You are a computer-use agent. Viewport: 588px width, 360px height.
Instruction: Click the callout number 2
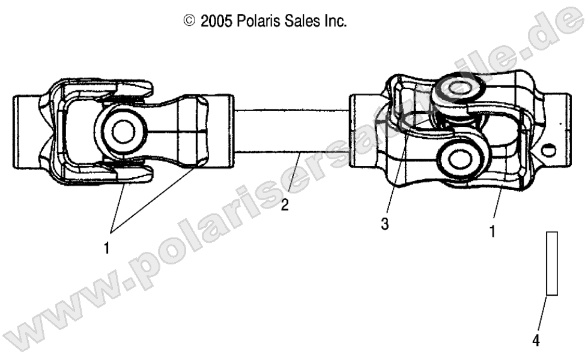285,205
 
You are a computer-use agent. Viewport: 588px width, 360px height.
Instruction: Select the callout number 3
384,224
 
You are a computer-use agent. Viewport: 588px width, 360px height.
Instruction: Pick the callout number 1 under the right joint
492,230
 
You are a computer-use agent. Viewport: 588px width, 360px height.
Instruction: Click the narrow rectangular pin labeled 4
552,263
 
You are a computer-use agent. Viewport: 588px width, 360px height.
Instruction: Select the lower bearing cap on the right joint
460,159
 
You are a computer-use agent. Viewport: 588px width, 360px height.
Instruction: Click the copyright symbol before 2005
189,22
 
